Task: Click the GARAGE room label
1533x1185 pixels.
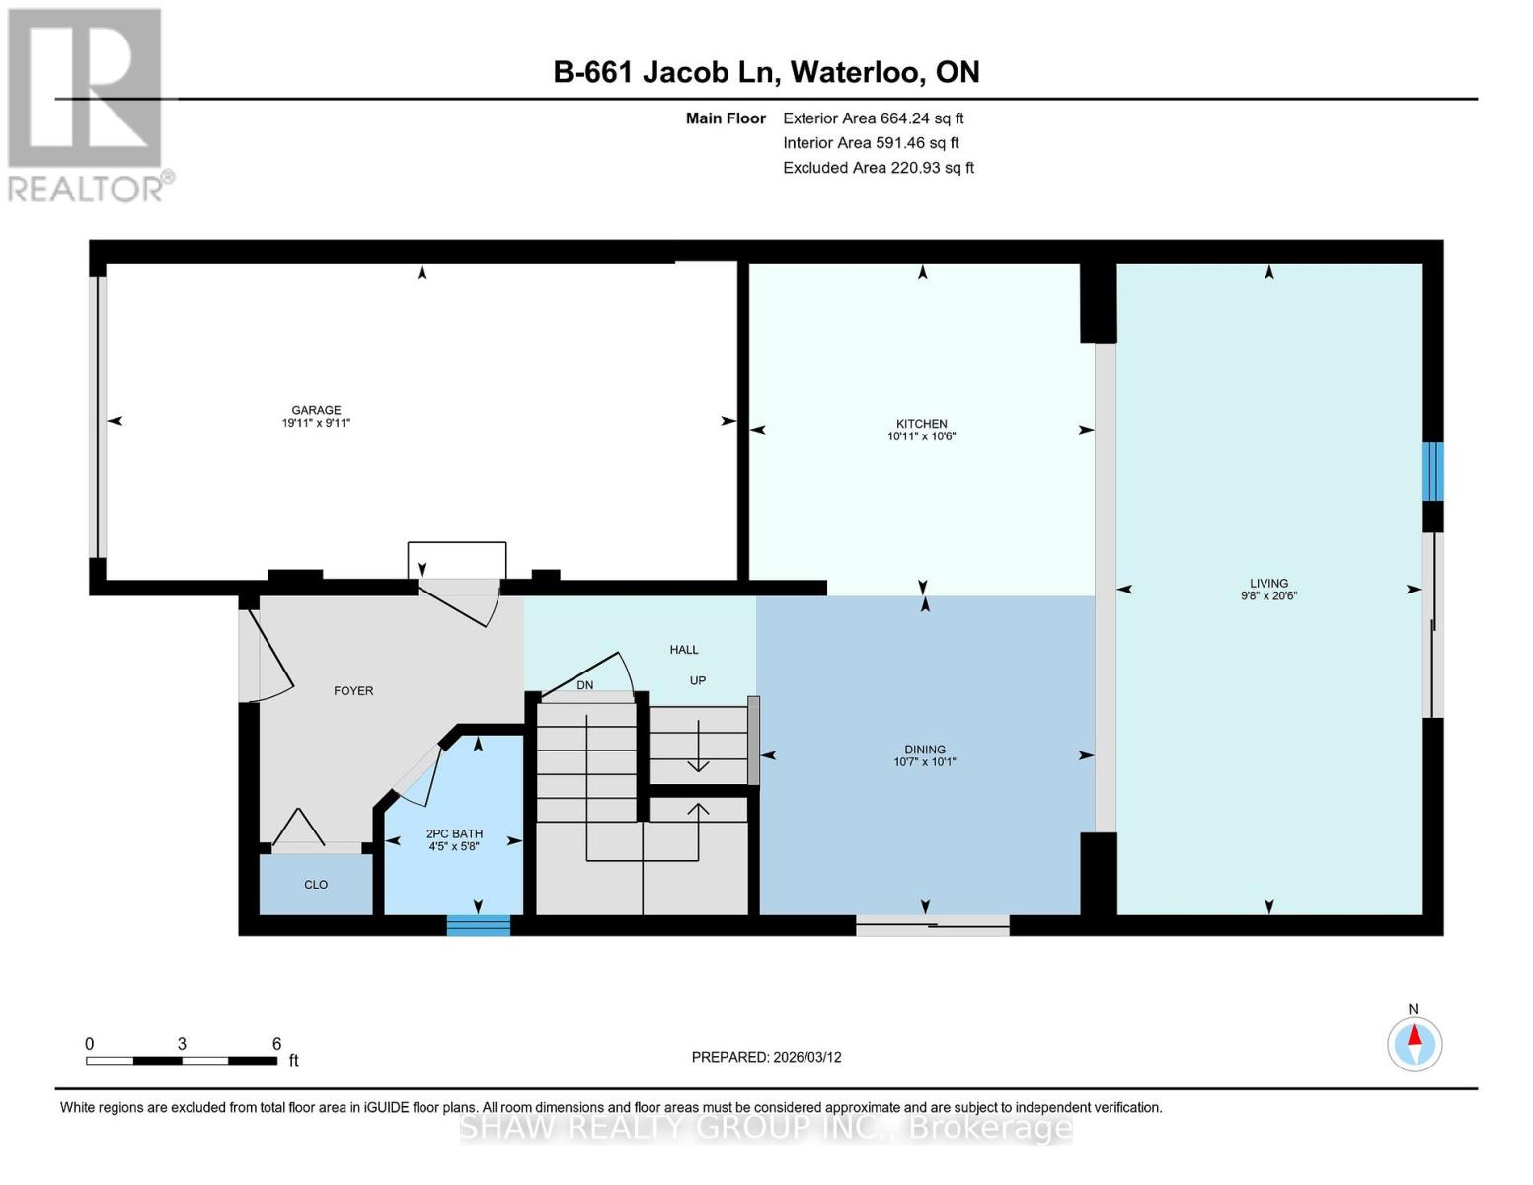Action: coord(316,410)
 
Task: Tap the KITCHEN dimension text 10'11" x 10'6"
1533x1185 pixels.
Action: coord(922,436)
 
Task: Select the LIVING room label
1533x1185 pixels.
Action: coord(1268,583)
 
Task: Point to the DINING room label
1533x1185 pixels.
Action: coord(925,750)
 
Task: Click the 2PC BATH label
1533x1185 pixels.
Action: coord(454,833)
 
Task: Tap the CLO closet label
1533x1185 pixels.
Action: coord(316,884)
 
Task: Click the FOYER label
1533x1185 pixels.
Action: coord(353,690)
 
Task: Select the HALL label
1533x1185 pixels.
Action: coord(684,649)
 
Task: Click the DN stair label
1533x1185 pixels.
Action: coord(585,685)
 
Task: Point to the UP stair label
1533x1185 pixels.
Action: coord(698,680)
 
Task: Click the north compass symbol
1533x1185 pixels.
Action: coord(1415,1043)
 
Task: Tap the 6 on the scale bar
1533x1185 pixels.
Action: coord(277,1043)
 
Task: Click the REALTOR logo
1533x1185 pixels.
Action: coord(87,104)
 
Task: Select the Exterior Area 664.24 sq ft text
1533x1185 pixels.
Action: coord(873,118)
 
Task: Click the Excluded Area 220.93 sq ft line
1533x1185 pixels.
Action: coord(879,167)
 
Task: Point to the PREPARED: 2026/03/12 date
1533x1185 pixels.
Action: coord(766,1057)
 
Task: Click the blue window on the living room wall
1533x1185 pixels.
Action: coord(1432,471)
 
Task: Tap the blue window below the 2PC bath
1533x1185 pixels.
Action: coord(479,925)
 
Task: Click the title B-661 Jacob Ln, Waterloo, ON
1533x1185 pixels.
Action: coord(766,72)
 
